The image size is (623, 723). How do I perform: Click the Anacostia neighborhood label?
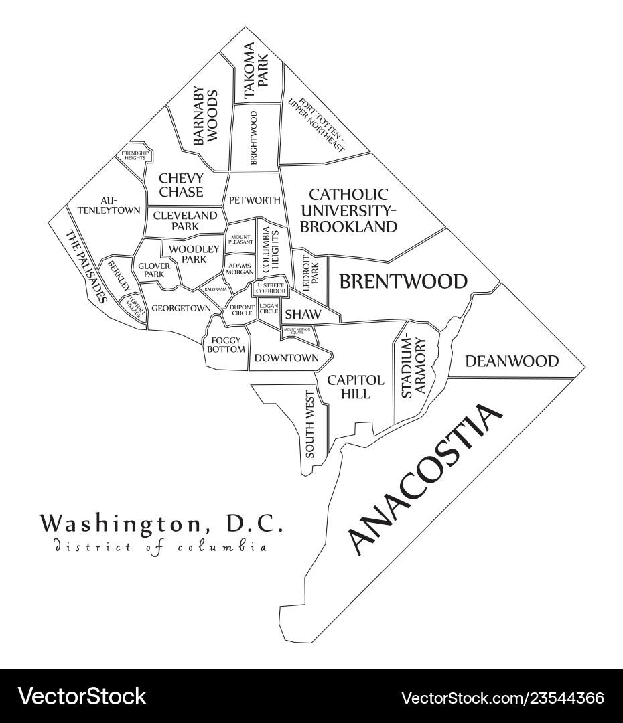pos(425,480)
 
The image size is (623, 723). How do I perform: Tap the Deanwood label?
pos(512,361)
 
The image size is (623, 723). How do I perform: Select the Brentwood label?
pos(403,281)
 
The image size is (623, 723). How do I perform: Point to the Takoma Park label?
pos(255,71)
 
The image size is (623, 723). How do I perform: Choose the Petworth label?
pos(254,200)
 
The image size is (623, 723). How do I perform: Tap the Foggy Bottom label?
pos(226,345)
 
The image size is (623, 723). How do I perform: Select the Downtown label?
pos(287,358)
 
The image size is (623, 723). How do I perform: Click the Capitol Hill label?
pos(356,387)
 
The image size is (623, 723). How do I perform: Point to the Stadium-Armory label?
pos(413,368)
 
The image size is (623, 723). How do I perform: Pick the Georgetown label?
pos(181,308)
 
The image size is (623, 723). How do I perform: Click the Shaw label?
pos(303,314)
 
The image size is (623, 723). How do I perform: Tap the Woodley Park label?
pos(194,254)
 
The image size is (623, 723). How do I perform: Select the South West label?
pos(309,424)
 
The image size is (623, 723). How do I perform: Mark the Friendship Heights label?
pos(135,155)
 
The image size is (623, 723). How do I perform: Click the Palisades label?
pos(86,266)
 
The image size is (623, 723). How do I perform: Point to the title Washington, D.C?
pos(161,524)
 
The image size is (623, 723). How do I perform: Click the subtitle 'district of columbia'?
pos(160,547)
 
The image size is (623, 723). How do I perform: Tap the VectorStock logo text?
pos(82,696)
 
